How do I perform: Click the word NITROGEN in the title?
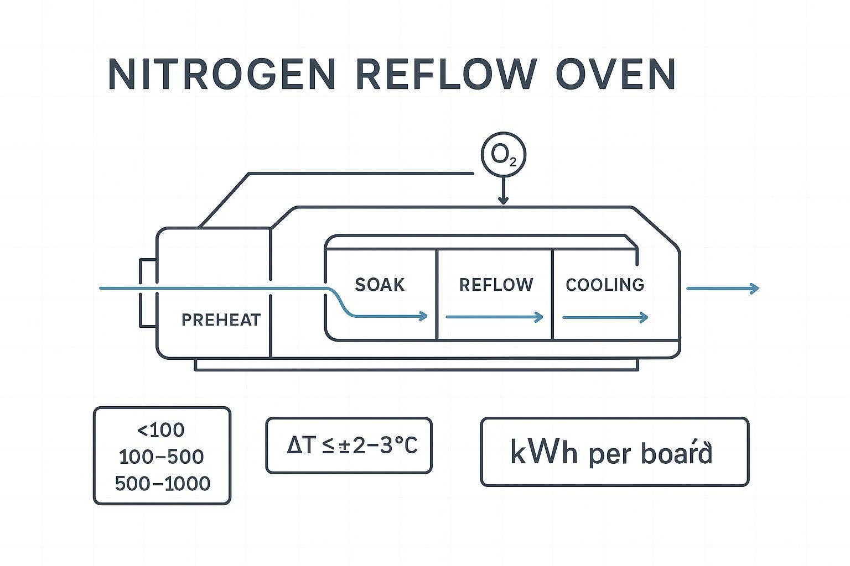[222, 74]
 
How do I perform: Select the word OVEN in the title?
[615, 74]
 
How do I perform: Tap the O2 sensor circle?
[503, 156]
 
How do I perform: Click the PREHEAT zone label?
[221, 320]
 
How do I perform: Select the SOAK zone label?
[380, 285]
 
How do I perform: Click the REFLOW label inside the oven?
[496, 285]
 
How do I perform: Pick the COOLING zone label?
[605, 285]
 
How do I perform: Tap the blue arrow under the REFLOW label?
[494, 317]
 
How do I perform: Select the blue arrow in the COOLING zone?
[605, 317]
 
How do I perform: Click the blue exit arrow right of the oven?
[722, 288]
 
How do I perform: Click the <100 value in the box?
[160, 430]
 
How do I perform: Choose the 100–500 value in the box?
[162, 457]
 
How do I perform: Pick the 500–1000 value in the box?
[163, 484]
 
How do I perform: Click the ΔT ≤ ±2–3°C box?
[349, 446]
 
